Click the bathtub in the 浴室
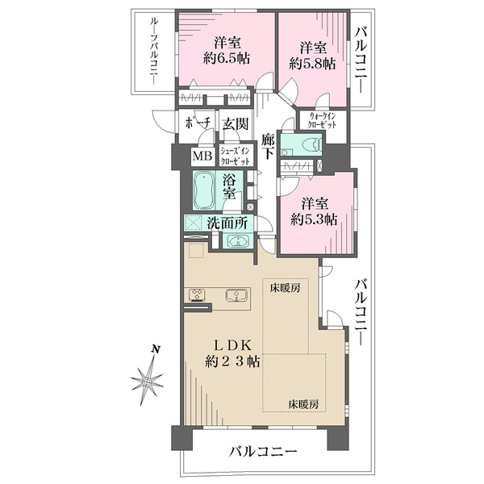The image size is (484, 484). [x=204, y=190]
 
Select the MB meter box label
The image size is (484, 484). [x=202, y=156]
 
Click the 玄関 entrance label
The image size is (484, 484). [x=236, y=123]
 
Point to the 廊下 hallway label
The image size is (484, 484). [x=268, y=146]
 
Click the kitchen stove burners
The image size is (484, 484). [x=197, y=294]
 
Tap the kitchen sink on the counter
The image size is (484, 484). [x=236, y=294]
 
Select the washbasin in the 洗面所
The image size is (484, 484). [x=238, y=240]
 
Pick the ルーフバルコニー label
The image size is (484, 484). [x=153, y=51]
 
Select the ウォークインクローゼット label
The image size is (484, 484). [x=322, y=120]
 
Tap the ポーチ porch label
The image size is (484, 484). [x=198, y=123]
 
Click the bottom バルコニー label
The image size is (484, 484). [x=263, y=452]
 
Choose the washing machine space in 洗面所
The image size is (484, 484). [x=194, y=223]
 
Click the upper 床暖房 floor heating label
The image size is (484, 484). [x=286, y=288]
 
